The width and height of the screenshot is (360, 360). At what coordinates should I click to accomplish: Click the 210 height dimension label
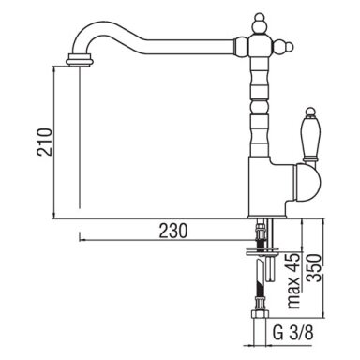44,142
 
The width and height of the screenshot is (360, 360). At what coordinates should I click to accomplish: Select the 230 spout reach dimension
173,231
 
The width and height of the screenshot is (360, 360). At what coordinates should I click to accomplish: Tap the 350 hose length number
314,268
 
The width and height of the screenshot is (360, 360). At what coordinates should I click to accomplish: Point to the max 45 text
294,280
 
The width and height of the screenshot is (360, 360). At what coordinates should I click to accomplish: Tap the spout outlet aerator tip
80,60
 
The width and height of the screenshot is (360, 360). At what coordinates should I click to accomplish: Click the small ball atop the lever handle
310,112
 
